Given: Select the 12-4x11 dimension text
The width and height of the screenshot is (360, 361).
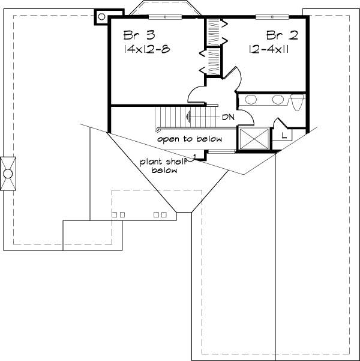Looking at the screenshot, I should (x=269, y=49).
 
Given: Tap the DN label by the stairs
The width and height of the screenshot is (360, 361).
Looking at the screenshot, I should (x=227, y=117).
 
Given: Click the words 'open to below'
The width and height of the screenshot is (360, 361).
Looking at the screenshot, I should (x=190, y=139).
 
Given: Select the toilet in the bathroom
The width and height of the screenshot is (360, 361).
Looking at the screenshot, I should (x=296, y=102).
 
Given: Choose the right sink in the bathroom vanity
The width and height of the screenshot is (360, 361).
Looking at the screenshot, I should (x=278, y=100).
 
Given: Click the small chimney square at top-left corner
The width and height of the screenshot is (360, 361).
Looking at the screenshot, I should (x=101, y=17).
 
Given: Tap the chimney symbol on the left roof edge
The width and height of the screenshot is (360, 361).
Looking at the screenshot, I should (x=8, y=174).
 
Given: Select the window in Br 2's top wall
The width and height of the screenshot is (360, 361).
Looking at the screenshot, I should (x=272, y=16).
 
